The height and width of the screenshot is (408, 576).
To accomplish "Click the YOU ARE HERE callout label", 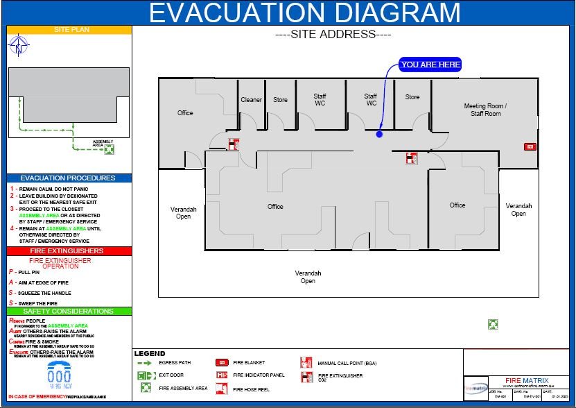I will (430, 65).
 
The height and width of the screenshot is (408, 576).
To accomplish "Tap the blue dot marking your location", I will (379, 134).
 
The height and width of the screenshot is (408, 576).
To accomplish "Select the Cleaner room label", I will (251, 100).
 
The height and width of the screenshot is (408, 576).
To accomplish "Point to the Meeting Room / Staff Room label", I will (485, 110).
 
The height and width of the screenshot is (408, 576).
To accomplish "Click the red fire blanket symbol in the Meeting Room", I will (530, 146).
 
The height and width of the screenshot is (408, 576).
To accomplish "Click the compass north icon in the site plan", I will (19, 46).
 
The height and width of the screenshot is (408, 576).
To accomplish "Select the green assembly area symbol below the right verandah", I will (492, 324).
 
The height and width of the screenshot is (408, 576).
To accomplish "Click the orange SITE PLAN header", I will (69, 30).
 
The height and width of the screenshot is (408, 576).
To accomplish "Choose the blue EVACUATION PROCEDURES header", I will (69, 178).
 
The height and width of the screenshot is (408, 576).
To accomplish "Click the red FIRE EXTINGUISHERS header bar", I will (69, 251).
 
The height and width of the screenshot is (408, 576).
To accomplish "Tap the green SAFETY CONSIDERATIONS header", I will (69, 312).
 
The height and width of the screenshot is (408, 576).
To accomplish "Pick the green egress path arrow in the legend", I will (147, 362).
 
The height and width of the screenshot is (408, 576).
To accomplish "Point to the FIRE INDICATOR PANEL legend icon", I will (222, 375).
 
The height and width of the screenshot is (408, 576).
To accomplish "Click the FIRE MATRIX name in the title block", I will (527, 380).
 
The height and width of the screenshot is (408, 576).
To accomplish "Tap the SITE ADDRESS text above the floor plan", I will (333, 34).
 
